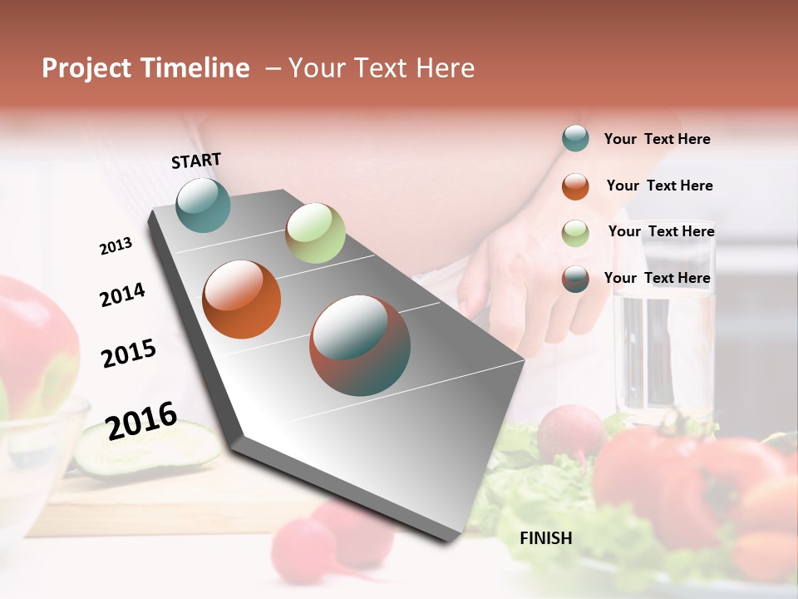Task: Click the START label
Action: [196, 161]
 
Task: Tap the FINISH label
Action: [546, 538]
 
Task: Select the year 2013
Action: [116, 246]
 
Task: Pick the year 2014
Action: [122, 295]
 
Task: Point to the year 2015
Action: [129, 354]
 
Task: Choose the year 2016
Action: [141, 420]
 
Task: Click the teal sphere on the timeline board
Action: [203, 205]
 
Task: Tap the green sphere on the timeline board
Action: [315, 233]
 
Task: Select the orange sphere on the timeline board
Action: [242, 299]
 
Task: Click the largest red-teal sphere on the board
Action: [360, 345]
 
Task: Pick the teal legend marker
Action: [575, 138]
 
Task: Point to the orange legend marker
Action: [575, 186]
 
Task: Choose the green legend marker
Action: [575, 233]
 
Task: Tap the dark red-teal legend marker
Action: [575, 279]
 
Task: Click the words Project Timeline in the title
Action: [145, 68]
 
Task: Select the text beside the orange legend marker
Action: [659, 186]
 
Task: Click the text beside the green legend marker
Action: [661, 231]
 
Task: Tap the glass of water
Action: [663, 349]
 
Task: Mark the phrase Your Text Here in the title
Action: [382, 68]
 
